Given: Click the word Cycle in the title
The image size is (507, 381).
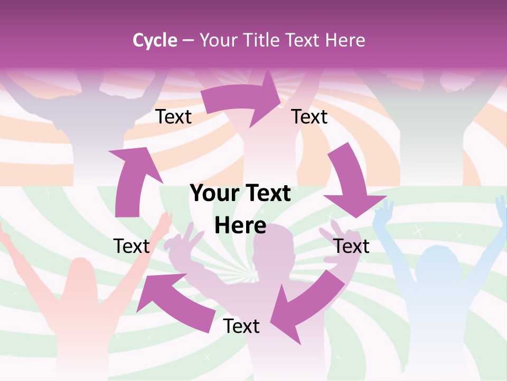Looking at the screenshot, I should (x=155, y=40).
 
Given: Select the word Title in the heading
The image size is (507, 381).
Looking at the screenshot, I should (x=263, y=40).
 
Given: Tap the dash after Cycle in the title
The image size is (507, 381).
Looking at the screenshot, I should (x=187, y=41).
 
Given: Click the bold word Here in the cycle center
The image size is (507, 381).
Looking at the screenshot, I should (x=240, y=226).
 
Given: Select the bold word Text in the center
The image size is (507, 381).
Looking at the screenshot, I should (x=267, y=194).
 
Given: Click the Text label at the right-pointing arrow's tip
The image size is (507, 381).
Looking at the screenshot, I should (x=309, y=117).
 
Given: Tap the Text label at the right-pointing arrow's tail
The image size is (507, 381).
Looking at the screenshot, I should (x=174, y=117).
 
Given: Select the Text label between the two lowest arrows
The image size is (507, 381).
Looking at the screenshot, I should (x=241, y=326).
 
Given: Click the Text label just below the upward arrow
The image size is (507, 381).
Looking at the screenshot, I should (x=132, y=246).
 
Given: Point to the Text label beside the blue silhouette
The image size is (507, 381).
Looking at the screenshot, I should (x=351, y=246).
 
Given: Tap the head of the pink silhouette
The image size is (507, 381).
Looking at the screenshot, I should (x=79, y=275).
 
